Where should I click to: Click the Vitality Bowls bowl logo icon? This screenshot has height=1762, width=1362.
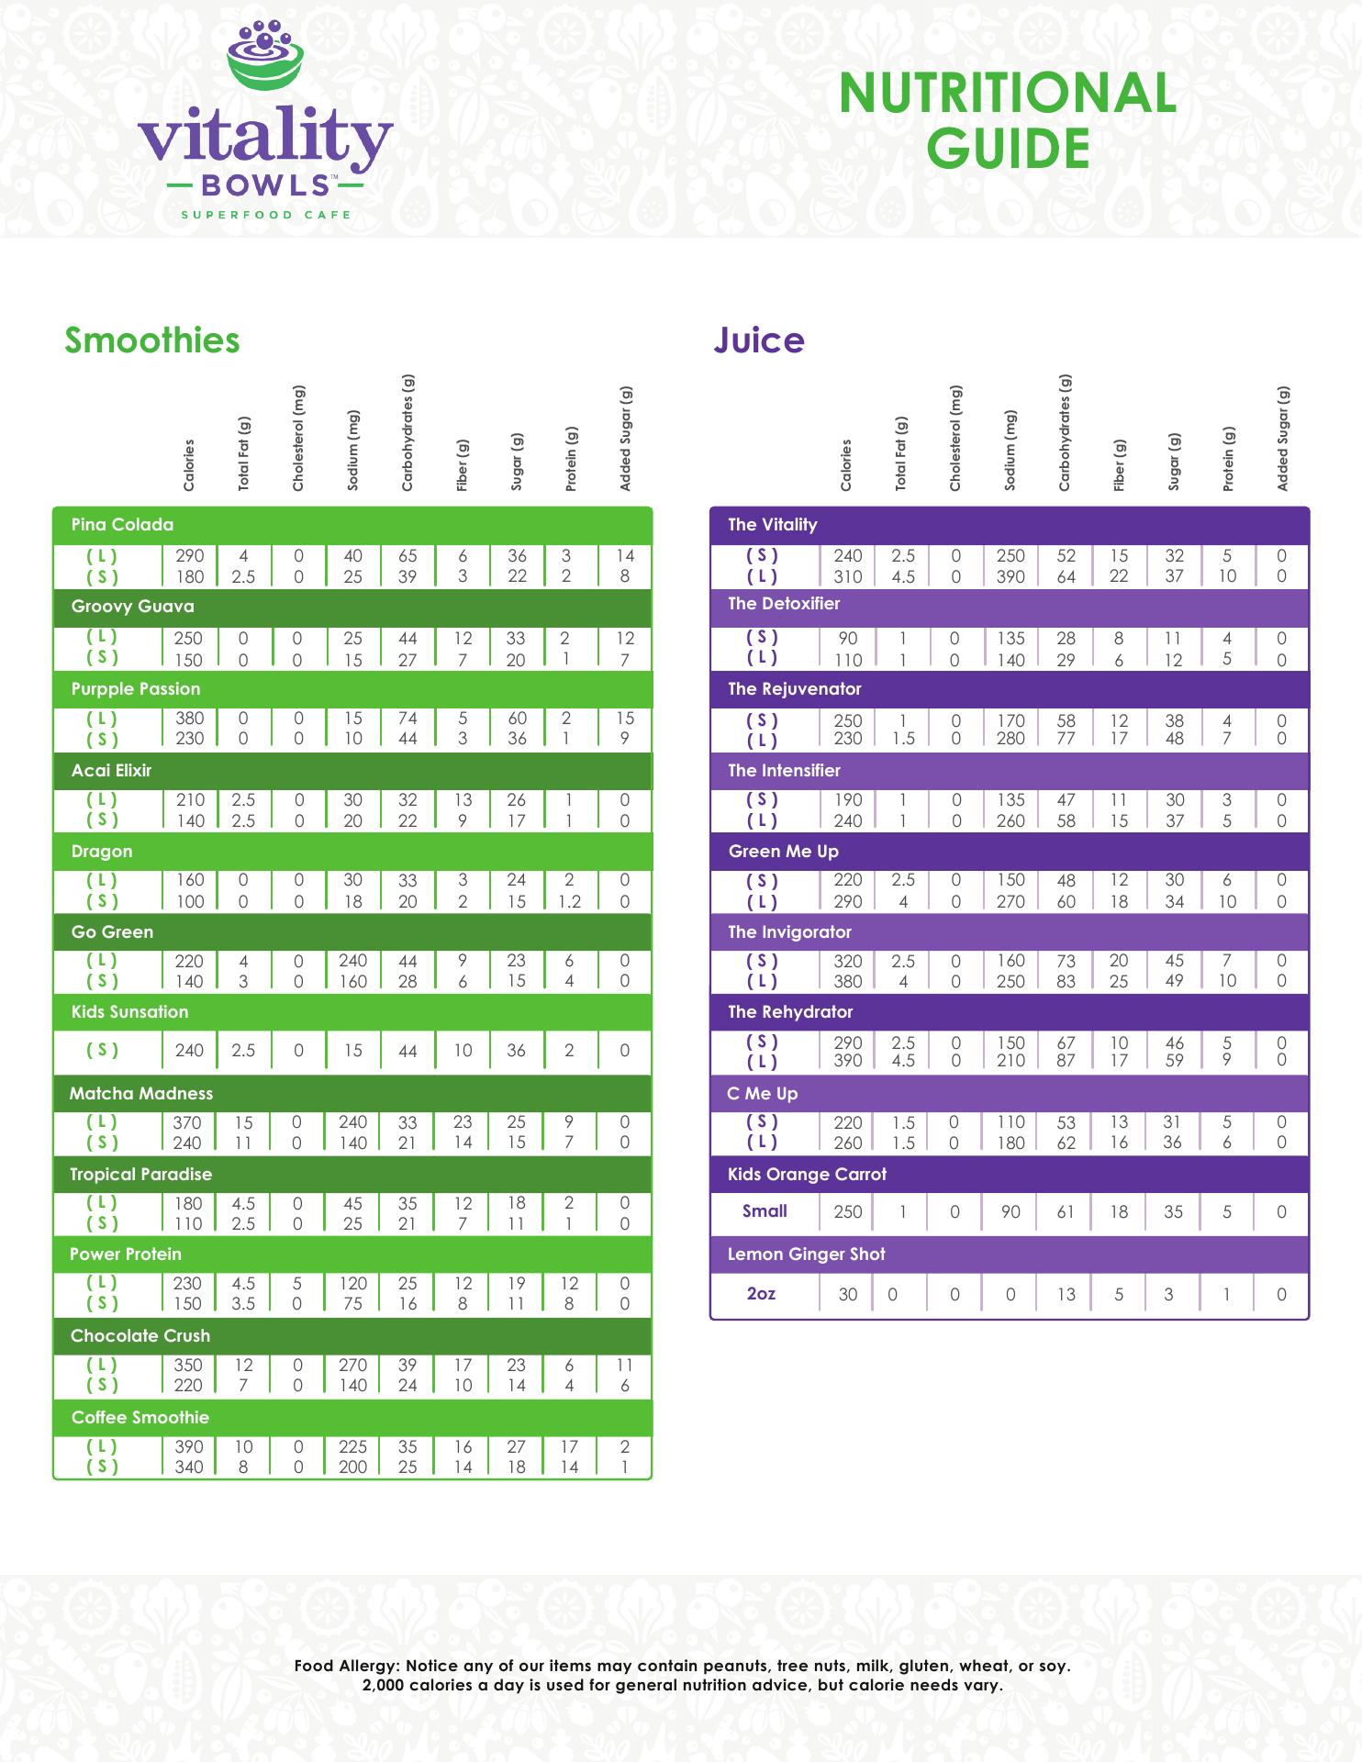tap(266, 58)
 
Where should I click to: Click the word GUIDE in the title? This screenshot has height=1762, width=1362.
tap(1008, 149)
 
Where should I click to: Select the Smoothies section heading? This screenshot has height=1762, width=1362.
tap(151, 340)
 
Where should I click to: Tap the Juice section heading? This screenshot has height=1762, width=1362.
tap(759, 340)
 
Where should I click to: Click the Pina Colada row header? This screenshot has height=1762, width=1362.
tap(122, 525)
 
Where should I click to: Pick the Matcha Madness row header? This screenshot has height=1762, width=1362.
tap(141, 1093)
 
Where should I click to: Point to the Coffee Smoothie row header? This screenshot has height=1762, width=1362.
tap(140, 1417)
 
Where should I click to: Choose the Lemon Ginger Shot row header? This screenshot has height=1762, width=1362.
tap(806, 1254)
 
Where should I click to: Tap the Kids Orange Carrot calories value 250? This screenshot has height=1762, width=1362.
tap(847, 1211)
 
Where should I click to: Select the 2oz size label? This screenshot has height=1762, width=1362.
tap(761, 1294)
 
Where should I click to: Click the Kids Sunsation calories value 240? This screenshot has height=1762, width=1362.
tap(189, 1051)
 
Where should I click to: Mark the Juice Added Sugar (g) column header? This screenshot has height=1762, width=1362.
tap(1282, 439)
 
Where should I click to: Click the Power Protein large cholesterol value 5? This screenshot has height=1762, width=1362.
tap(297, 1284)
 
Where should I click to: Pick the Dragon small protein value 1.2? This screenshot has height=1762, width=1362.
tap(569, 901)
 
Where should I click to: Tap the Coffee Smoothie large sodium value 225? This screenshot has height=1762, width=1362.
tap(352, 1446)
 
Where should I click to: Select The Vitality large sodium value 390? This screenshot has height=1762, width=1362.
tap(1010, 576)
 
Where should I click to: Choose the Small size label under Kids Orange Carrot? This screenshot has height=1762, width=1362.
tap(765, 1211)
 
